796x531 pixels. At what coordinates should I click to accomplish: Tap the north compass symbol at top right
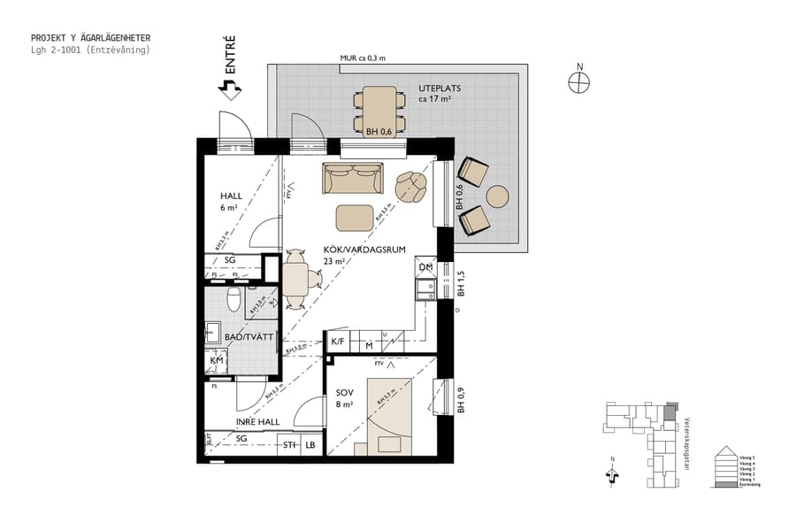pyautogui.click(x=579, y=81)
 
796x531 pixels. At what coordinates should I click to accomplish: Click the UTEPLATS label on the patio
pyautogui.click(x=440, y=88)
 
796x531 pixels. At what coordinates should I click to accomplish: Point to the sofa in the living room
pyautogui.click(x=353, y=179)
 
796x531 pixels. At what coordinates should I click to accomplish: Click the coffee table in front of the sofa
pyautogui.click(x=355, y=217)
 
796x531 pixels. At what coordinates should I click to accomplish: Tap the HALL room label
pyautogui.click(x=231, y=196)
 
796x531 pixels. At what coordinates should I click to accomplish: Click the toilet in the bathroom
pyautogui.click(x=233, y=300)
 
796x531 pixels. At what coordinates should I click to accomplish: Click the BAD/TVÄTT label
pyautogui.click(x=241, y=337)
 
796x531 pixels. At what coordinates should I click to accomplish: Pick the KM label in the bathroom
pyautogui.click(x=216, y=360)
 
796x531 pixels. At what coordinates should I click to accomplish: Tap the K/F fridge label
pyautogui.click(x=337, y=342)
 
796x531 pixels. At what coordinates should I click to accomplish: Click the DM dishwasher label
pyautogui.click(x=425, y=266)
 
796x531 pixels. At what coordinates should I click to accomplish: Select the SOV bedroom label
pyautogui.click(x=343, y=393)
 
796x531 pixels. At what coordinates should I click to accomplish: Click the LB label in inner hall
pyautogui.click(x=310, y=445)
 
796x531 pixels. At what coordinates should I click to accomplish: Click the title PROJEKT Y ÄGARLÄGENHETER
pyautogui.click(x=90, y=38)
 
